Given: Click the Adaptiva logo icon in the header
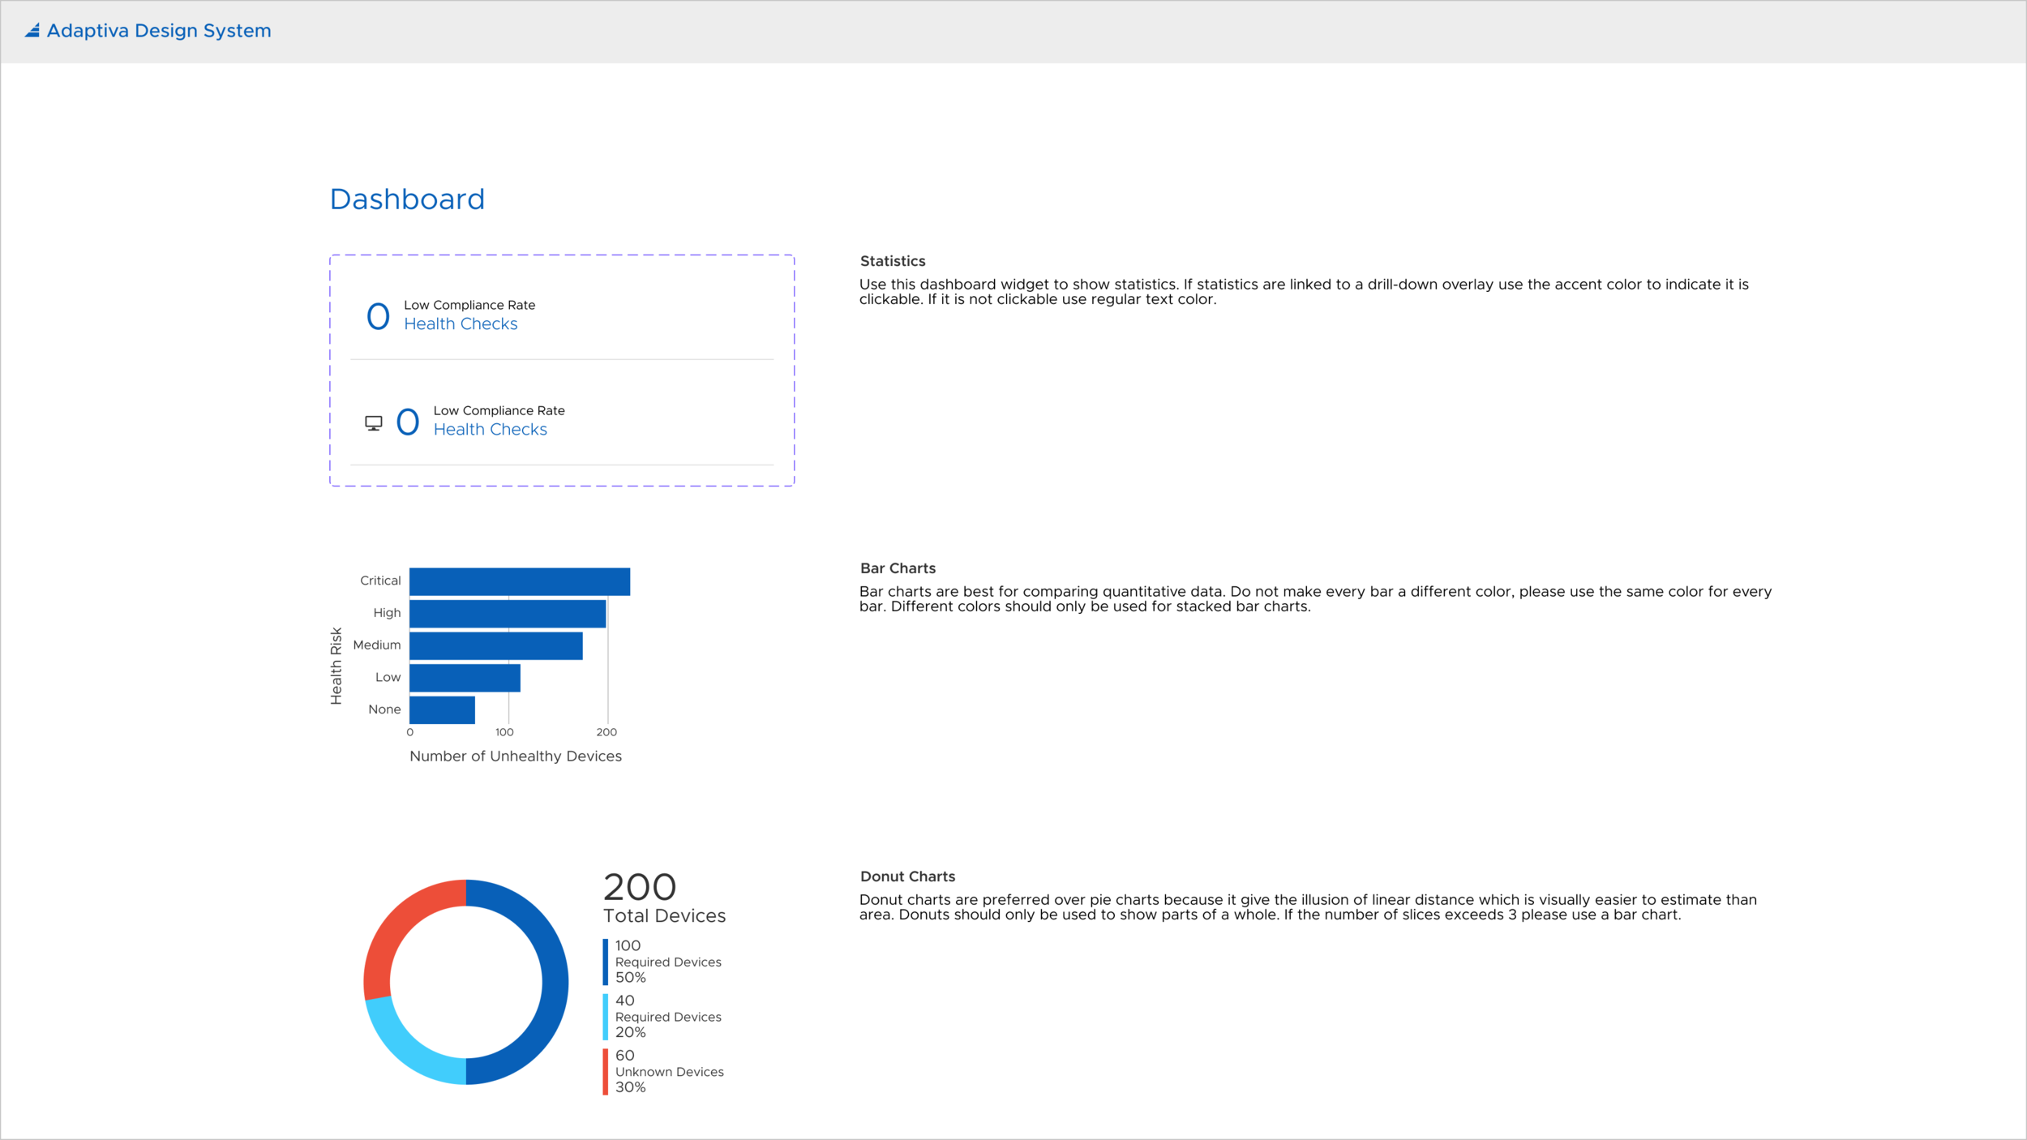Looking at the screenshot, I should [32, 31].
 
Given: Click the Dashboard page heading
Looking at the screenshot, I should [407, 199].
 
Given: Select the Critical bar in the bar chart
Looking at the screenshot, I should [519, 581].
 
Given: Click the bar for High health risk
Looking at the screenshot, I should [507, 614].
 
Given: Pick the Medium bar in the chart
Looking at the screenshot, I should [495, 645].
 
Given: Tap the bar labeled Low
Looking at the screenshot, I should [465, 678].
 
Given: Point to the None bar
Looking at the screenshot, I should [442, 709].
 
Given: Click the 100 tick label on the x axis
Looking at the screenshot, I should [504, 732].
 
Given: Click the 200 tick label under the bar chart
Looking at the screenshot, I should [606, 732].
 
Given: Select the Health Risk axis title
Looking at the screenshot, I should [336, 666].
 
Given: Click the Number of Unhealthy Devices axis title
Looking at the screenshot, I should [516, 756].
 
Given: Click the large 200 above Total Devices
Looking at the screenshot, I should [640, 887].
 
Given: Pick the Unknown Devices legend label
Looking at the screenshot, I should [669, 1072].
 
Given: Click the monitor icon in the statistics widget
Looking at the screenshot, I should [374, 423].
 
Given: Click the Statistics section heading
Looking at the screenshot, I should [892, 261].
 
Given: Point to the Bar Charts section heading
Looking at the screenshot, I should [898, 568].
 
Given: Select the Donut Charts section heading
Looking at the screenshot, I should [907, 876].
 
